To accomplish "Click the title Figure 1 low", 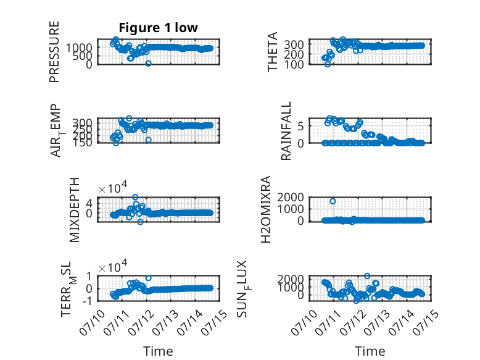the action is (x=159, y=28).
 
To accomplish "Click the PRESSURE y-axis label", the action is (x=54, y=52).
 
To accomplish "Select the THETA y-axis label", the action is (x=272, y=52).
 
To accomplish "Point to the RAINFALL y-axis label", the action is (x=286, y=131).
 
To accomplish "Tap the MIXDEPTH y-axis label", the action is (x=75, y=210).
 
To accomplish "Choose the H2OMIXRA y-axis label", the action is (x=266, y=209).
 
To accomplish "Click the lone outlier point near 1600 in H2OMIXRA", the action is (x=333, y=201).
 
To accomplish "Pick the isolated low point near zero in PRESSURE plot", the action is (x=149, y=64).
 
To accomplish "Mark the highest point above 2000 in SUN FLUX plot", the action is (x=367, y=276).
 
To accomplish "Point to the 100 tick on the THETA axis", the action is (x=294, y=65).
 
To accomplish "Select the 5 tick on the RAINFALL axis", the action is (x=300, y=126).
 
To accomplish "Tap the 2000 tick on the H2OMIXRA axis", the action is (x=291, y=197).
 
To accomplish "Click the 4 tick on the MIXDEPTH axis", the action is (x=89, y=203).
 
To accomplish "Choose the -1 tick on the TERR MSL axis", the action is (x=87, y=301).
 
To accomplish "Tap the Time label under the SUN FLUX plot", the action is (x=370, y=351).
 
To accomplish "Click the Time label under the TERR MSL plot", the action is (x=159, y=351).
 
